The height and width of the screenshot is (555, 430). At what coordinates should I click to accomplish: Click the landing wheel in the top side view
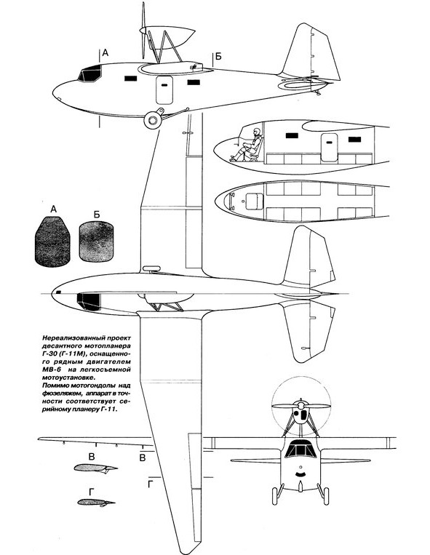point(153,120)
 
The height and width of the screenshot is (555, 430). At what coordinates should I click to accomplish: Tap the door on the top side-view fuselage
point(164,90)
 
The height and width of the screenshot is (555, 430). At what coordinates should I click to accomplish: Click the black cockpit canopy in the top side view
point(90,73)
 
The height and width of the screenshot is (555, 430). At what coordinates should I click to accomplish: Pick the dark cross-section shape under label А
point(52,241)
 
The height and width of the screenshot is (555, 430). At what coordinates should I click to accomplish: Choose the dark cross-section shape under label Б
point(97,241)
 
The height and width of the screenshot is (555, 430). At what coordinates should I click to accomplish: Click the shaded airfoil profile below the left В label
point(95,468)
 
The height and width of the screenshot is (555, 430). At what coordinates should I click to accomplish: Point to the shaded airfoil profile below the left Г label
point(96,502)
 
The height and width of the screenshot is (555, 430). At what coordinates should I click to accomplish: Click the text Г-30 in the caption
point(52,354)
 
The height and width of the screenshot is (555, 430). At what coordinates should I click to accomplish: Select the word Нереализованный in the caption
point(68,337)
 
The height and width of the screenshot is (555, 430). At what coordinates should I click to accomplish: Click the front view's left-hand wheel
point(275,495)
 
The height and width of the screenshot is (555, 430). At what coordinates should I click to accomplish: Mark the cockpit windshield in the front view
point(300,449)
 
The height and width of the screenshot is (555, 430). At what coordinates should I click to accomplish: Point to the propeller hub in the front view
point(300,405)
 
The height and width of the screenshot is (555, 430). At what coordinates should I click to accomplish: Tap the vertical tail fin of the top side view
point(311,52)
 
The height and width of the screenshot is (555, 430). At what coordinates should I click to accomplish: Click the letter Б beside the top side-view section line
point(218,56)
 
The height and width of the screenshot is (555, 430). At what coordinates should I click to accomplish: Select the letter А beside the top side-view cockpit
point(105,53)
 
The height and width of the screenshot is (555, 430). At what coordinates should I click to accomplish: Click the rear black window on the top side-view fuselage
point(194,82)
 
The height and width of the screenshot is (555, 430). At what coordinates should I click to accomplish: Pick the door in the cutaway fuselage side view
point(330,148)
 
